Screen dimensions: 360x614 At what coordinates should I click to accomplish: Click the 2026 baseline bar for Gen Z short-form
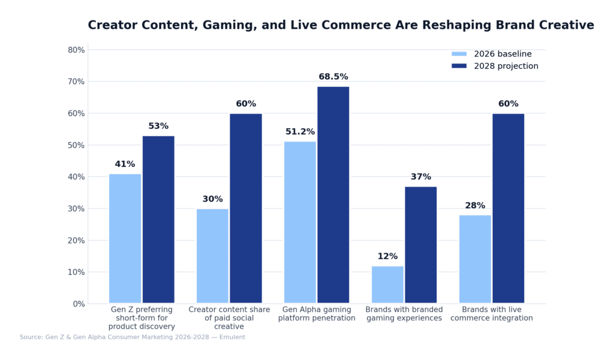pyautogui.click(x=125, y=238)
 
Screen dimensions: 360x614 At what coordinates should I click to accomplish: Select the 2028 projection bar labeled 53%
pyautogui.click(x=158, y=220)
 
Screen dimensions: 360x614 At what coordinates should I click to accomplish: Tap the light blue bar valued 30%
pyautogui.click(x=212, y=256)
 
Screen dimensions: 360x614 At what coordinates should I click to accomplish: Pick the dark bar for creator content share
pyautogui.click(x=246, y=208)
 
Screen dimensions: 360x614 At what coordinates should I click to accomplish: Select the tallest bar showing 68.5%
pyautogui.click(x=333, y=195)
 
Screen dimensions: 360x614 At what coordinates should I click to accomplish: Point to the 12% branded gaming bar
pyautogui.click(x=387, y=284)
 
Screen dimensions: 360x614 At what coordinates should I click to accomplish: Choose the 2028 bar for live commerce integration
pyautogui.click(x=508, y=208)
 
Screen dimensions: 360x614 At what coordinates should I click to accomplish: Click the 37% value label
pyautogui.click(x=421, y=177)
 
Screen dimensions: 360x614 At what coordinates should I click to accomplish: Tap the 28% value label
pyautogui.click(x=475, y=206)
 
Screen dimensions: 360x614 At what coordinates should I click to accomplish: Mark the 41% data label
pyautogui.click(x=125, y=164)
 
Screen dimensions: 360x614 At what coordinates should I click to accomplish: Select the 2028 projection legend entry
pyautogui.click(x=494, y=66)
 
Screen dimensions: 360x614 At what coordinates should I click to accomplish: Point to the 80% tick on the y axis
pyautogui.click(x=76, y=50)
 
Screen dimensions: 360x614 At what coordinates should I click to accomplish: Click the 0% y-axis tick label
pyautogui.click(x=79, y=304)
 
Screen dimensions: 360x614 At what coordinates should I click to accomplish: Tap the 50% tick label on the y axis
pyautogui.click(x=76, y=145)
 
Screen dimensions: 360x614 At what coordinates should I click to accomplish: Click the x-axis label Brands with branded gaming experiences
pyautogui.click(x=404, y=314)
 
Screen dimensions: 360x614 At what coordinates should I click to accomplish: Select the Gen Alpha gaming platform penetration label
pyautogui.click(x=317, y=314)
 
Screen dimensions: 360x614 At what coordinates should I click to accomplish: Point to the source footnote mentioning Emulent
pyautogui.click(x=132, y=337)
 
